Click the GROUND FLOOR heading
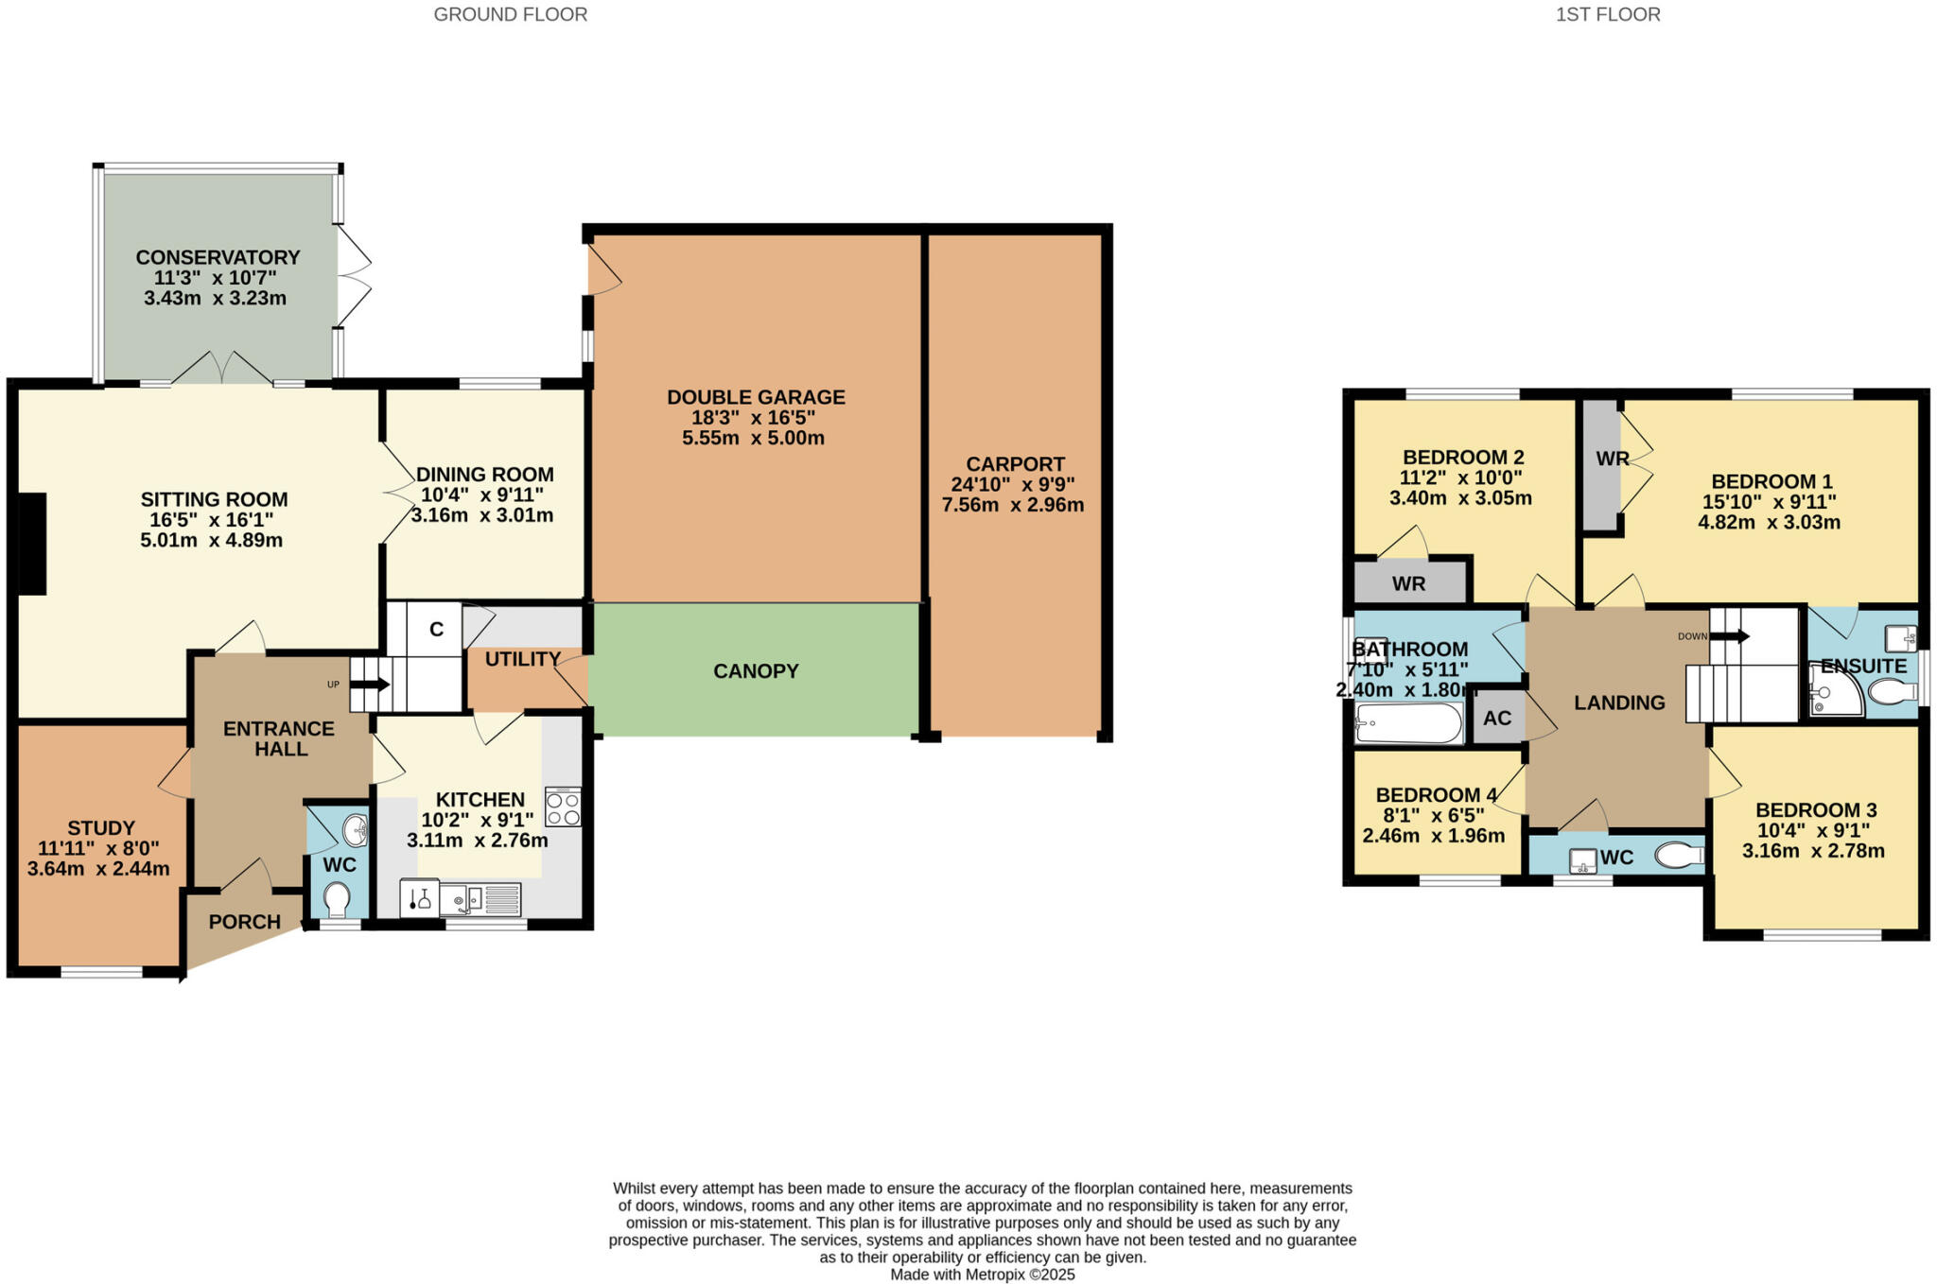point(510,14)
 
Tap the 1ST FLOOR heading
point(1608,14)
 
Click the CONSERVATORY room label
point(218,257)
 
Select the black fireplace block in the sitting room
point(33,544)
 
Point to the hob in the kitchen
point(563,807)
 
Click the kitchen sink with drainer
point(480,898)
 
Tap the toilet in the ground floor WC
point(336,898)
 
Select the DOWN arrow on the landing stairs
point(1730,636)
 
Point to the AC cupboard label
point(1497,719)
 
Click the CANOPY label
point(756,671)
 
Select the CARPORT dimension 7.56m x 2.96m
point(1013,505)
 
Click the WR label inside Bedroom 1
point(1612,459)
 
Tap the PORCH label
point(244,922)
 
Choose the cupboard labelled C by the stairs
point(436,629)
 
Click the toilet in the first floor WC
point(1680,856)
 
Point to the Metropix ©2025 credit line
point(982,1275)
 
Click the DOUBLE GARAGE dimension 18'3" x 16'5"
point(754,418)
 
